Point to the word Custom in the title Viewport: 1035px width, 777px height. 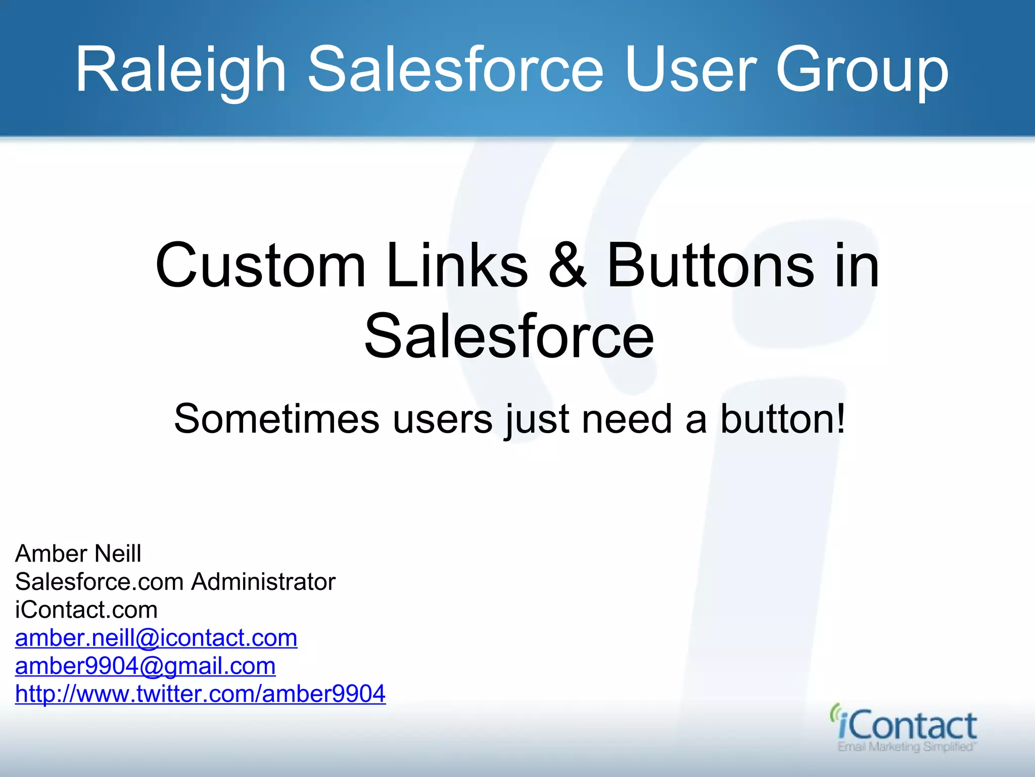pos(260,266)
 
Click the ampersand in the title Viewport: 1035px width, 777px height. pos(568,266)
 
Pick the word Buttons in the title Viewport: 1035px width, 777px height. pos(710,266)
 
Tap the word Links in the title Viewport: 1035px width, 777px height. pos(457,266)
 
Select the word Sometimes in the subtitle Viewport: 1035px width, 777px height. pos(276,419)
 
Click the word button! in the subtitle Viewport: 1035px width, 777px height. pos(782,419)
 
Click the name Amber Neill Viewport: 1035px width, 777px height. pos(78,553)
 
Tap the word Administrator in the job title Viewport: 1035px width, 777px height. pos(263,582)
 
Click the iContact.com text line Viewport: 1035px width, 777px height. pos(86,610)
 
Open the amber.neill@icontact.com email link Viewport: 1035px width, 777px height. pos(156,638)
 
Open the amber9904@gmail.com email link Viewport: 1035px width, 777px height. pos(145,666)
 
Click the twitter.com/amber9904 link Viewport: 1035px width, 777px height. pos(200,694)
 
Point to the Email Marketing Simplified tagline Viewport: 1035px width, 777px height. pos(906,747)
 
